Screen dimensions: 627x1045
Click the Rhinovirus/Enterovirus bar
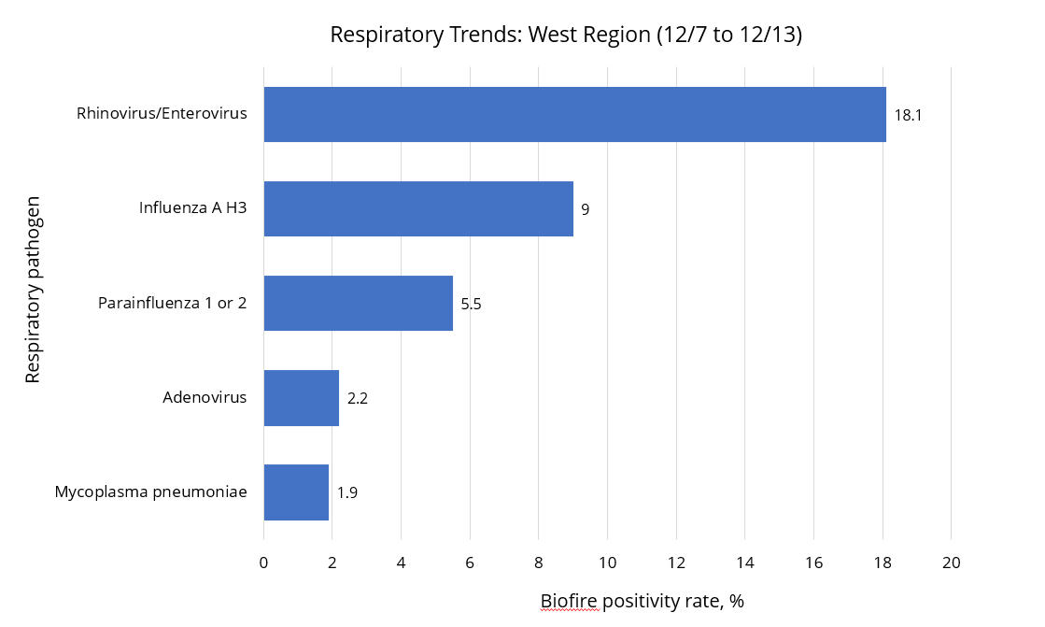coord(574,114)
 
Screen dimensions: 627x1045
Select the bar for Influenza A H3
coord(418,208)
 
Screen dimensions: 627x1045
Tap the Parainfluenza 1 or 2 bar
coord(358,303)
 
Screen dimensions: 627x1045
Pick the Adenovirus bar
coord(301,398)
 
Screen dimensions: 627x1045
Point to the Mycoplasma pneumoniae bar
coord(296,492)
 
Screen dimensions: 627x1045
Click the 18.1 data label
coord(909,115)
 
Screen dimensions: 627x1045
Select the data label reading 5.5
coord(471,304)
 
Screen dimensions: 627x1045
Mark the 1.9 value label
coord(347,492)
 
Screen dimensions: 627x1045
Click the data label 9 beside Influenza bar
coord(585,209)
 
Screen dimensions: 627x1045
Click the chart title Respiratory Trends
coord(566,35)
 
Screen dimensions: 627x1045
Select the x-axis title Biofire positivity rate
coord(642,601)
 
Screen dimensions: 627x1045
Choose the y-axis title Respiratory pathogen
coord(33,289)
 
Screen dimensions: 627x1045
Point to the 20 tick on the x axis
coord(951,563)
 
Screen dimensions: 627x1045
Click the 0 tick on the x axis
coord(264,563)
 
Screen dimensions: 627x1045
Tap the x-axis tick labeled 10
coord(607,563)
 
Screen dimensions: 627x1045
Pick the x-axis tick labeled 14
coord(744,563)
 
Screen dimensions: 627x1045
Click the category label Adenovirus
coord(205,397)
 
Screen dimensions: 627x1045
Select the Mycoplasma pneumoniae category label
coord(150,492)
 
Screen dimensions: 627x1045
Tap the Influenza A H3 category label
coord(192,207)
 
